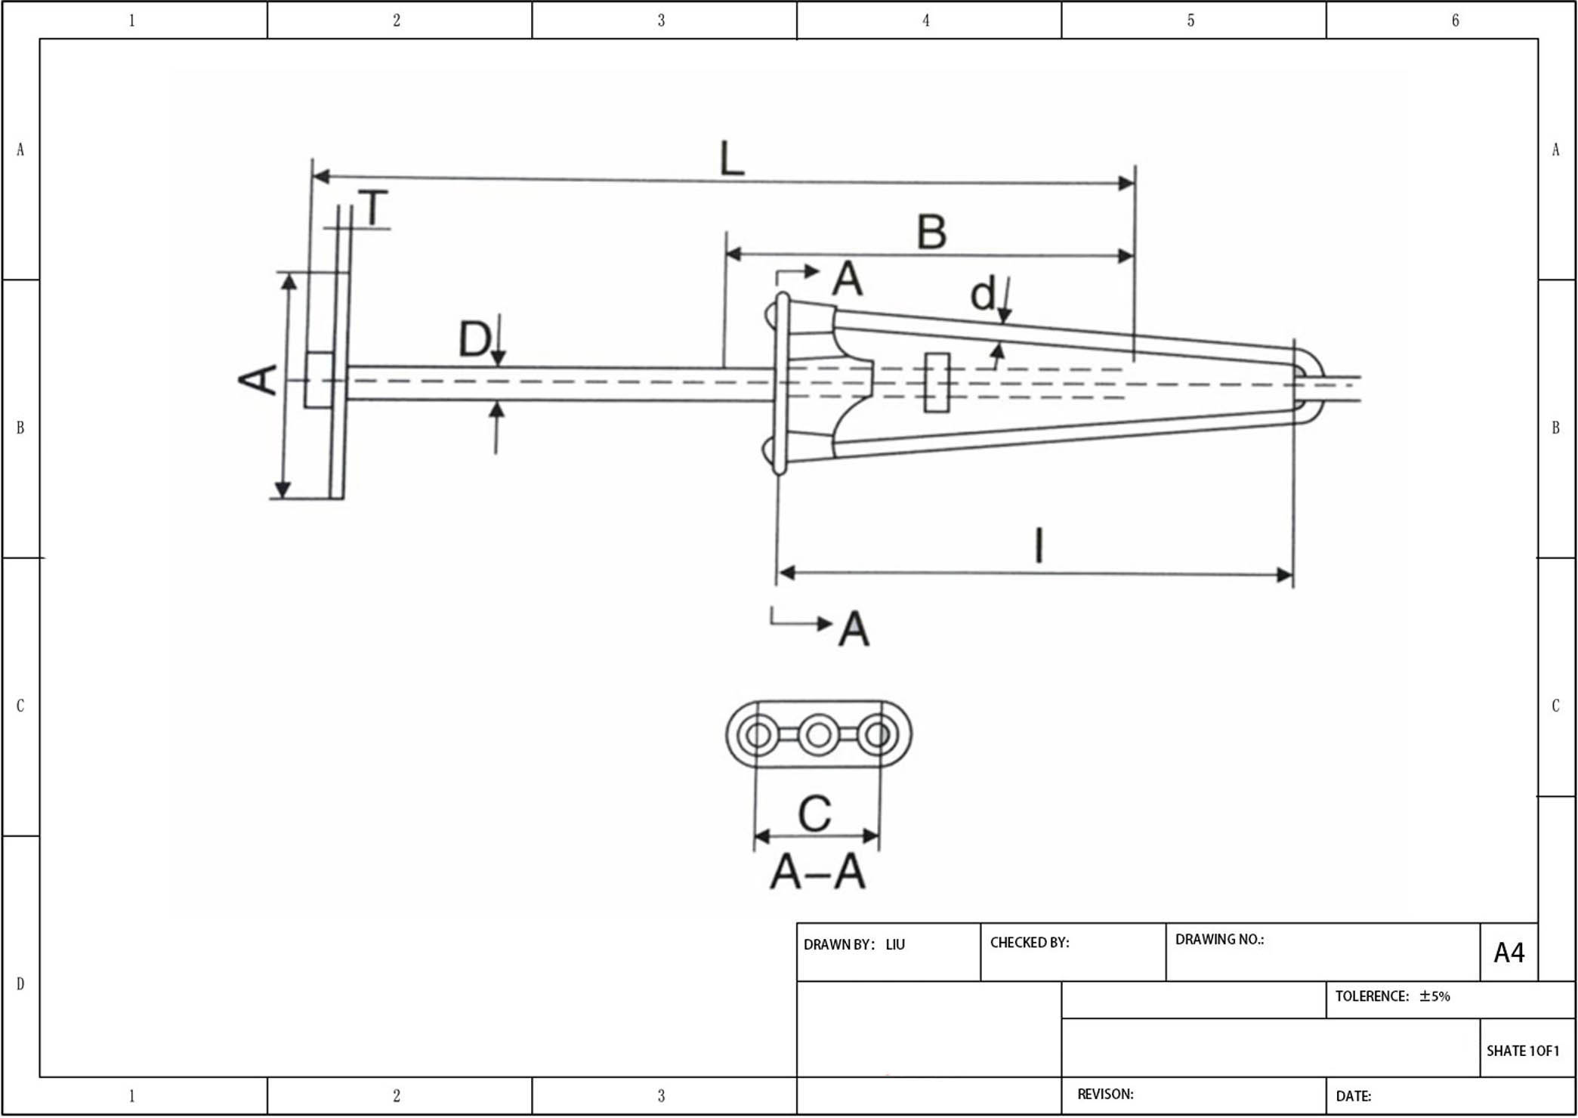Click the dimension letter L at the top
(x=731, y=158)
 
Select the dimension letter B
(x=931, y=232)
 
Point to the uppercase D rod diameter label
(x=474, y=339)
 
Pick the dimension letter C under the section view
(x=815, y=814)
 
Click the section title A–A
(x=817, y=872)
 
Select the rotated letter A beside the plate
(x=258, y=379)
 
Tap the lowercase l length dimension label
(x=1039, y=545)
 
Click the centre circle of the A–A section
(x=818, y=734)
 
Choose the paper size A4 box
(x=1509, y=953)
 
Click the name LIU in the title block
(x=895, y=944)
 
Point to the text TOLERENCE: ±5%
(x=1392, y=996)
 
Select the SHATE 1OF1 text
(x=1522, y=1051)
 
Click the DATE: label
(x=1354, y=1096)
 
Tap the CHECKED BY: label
(x=1029, y=943)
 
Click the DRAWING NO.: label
(x=1219, y=940)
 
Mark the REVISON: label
(x=1105, y=1094)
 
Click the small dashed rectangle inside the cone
(x=937, y=382)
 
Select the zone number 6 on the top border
(x=1455, y=20)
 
